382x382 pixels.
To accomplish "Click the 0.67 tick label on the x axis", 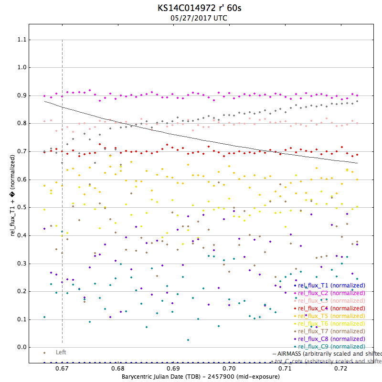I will (62, 369).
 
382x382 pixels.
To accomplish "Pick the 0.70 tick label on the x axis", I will (229, 369).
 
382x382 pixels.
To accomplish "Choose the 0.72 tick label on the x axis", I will (341, 369).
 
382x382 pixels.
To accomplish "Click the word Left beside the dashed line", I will (61, 352).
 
